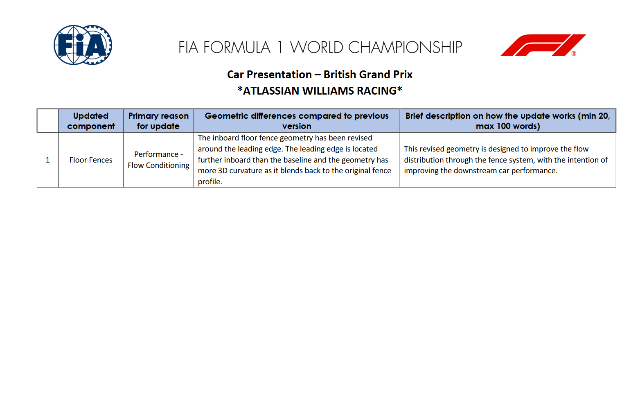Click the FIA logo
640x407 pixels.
click(x=83, y=45)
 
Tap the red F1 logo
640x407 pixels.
click(x=543, y=45)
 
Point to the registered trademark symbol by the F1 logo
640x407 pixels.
click(x=574, y=54)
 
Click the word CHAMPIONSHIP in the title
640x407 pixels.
click(x=405, y=47)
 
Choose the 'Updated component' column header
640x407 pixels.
click(x=91, y=121)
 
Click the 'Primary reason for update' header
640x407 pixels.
click(x=158, y=121)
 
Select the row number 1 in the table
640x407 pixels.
click(x=48, y=160)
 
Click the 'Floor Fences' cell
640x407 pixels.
click(x=91, y=160)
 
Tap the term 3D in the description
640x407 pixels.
click(x=223, y=171)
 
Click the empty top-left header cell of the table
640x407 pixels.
click(x=48, y=121)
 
